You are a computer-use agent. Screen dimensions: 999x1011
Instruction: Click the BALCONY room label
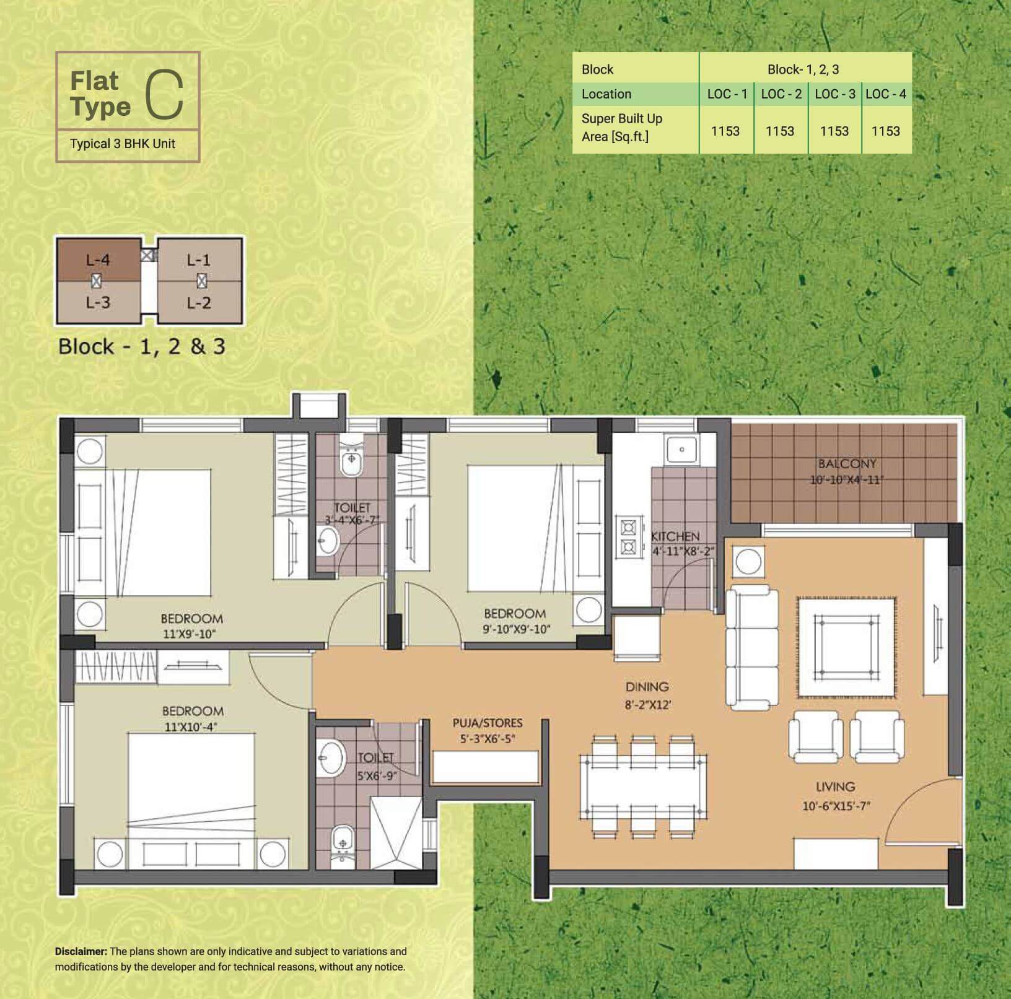(847, 463)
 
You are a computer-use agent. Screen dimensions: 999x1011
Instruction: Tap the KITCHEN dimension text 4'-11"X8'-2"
(683, 551)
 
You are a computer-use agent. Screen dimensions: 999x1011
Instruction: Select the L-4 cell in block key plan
(98, 260)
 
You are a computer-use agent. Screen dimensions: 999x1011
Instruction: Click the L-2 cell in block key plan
(199, 303)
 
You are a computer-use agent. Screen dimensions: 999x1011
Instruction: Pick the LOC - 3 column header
(834, 94)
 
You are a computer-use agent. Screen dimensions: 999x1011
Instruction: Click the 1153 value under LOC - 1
(725, 131)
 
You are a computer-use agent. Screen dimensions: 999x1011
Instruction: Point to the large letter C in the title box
(165, 94)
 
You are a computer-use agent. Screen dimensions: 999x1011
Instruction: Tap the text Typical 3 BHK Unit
(123, 144)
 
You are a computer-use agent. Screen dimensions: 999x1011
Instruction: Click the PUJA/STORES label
(488, 723)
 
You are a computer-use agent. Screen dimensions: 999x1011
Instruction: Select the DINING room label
(647, 686)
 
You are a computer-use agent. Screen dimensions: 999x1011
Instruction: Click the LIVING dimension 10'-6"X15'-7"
(836, 806)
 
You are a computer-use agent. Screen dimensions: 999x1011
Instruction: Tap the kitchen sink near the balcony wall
(681, 450)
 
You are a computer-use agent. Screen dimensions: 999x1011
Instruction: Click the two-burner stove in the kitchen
(628, 537)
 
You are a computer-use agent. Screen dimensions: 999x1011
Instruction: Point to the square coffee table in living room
(846, 647)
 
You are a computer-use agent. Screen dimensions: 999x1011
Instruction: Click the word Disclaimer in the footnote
(81, 951)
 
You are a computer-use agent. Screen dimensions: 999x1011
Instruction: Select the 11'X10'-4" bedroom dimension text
(191, 727)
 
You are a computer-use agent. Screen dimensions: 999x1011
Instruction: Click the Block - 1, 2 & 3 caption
(142, 346)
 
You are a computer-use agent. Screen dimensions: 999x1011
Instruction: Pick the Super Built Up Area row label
(621, 127)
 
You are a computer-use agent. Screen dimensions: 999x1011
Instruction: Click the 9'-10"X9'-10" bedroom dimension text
(516, 629)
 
